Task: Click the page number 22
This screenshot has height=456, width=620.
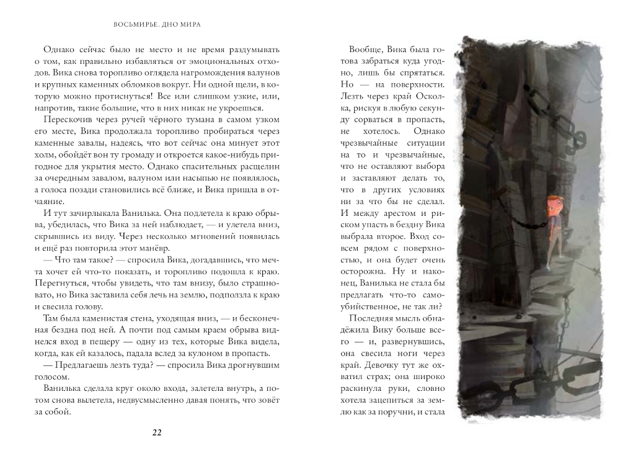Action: pos(156,433)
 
